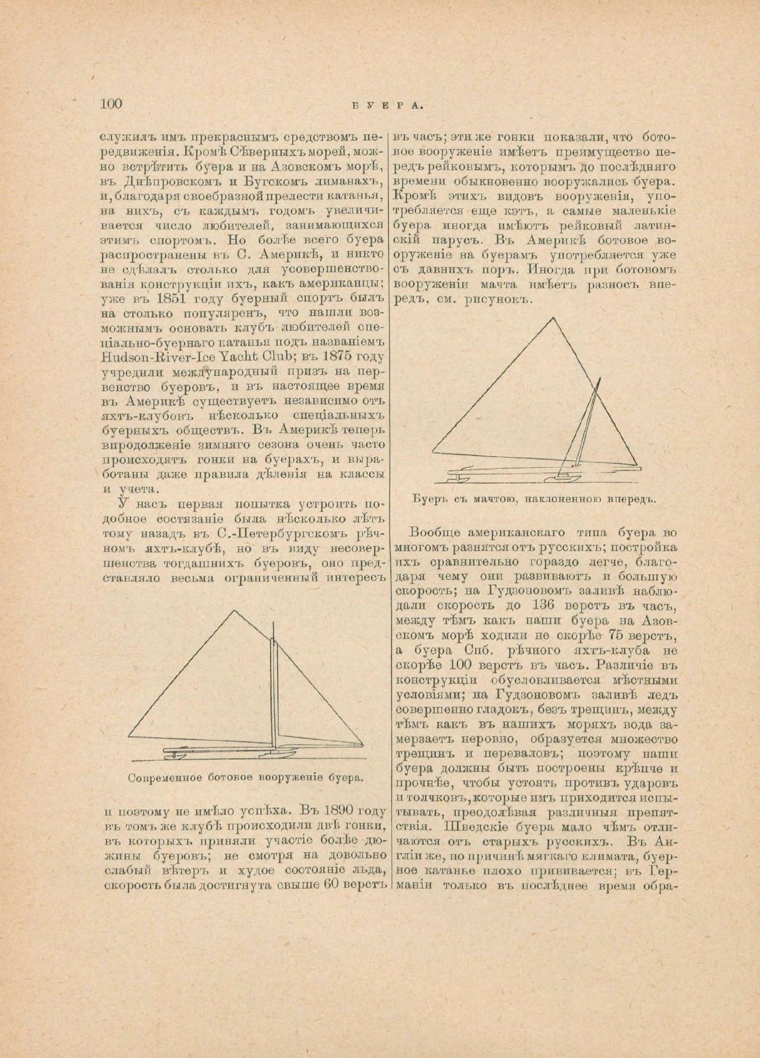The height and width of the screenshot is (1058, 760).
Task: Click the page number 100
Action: [111, 104]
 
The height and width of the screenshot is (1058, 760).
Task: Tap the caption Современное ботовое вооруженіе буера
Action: [246, 779]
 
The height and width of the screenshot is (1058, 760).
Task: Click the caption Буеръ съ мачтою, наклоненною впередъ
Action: [534, 499]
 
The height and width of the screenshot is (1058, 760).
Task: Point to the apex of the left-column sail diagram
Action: [236, 611]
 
